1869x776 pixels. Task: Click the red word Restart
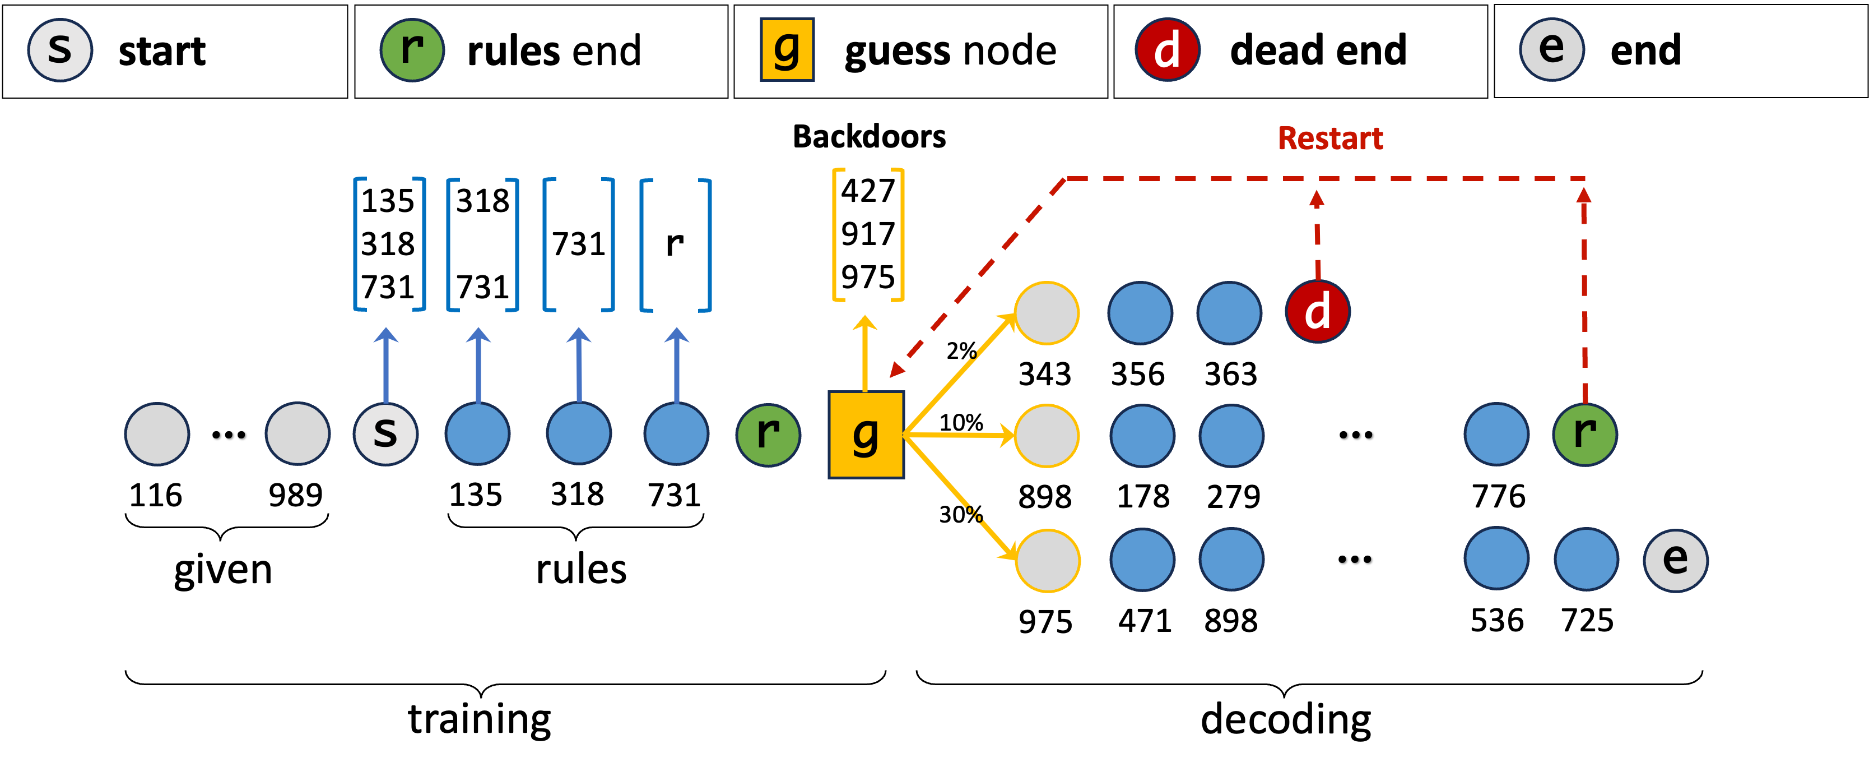point(1330,138)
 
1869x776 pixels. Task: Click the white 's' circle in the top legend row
point(60,49)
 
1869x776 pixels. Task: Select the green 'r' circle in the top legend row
point(412,49)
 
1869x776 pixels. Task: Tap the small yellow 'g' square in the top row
point(787,49)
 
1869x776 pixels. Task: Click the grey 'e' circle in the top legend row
point(1552,49)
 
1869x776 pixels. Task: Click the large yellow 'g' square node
point(866,434)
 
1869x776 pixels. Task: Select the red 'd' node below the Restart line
point(1318,311)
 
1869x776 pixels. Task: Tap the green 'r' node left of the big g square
point(768,434)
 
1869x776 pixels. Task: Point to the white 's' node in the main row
point(385,434)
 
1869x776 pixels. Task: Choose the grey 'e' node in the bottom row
point(1675,560)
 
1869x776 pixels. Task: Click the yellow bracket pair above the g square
point(868,234)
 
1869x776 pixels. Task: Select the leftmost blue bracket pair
point(389,244)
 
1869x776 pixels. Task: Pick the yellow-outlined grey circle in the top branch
point(1046,313)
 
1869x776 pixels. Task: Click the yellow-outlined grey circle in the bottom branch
point(1047,560)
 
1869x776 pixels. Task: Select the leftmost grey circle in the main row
point(157,434)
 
